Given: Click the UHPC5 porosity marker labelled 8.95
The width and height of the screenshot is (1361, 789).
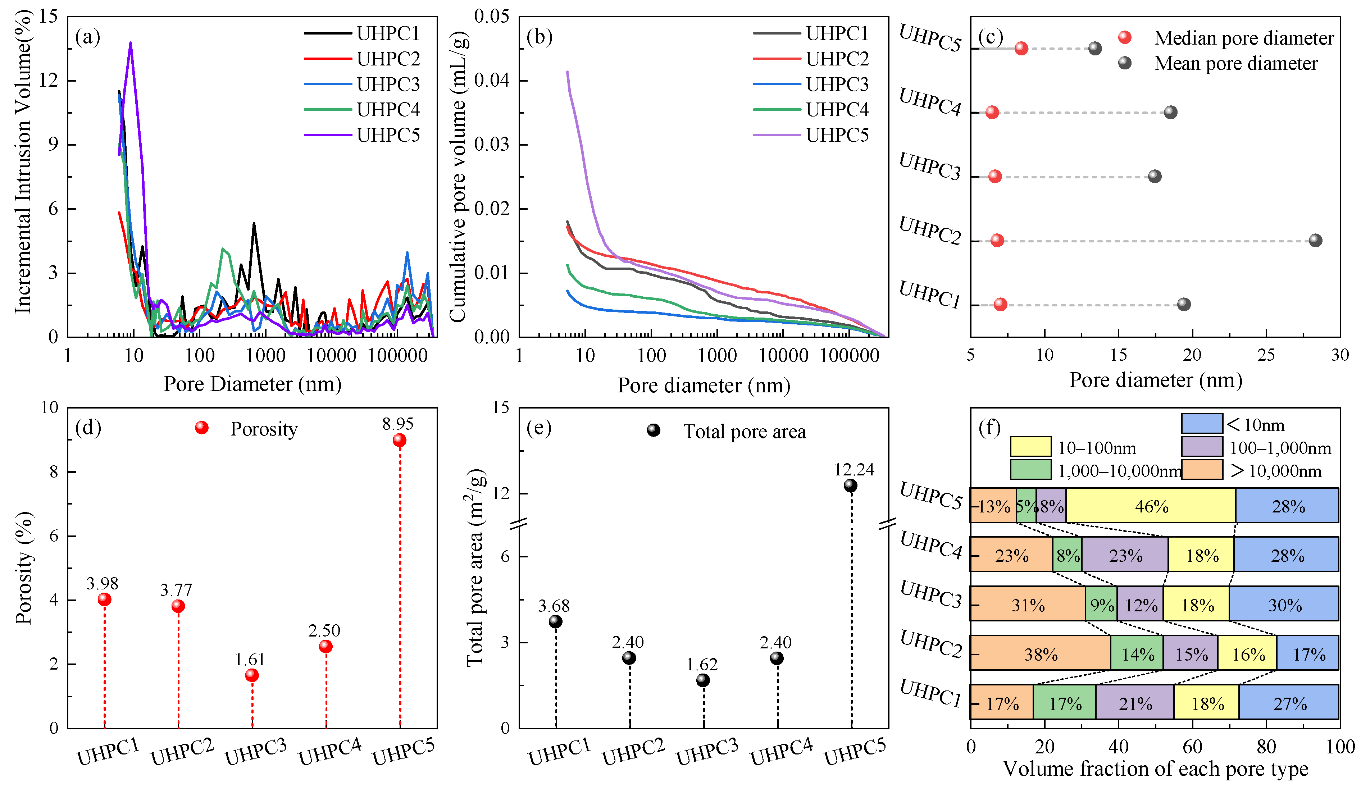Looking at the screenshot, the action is pyautogui.click(x=399, y=440).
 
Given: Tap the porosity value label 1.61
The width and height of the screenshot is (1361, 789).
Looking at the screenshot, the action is pyautogui.click(x=250, y=660).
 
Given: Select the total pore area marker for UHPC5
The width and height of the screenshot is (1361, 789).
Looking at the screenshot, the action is pyautogui.click(x=850, y=485).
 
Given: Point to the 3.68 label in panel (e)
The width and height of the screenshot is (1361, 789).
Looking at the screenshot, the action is pyautogui.click(x=554, y=605).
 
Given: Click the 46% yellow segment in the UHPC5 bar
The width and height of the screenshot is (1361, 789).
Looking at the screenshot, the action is pyautogui.click(x=1151, y=506).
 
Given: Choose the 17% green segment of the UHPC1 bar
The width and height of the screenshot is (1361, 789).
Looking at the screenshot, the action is pyautogui.click(x=1065, y=702).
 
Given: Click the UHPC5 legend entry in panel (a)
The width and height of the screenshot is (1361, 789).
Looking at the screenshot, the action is pyautogui.click(x=362, y=135).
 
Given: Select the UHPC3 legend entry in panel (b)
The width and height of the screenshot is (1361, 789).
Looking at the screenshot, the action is pyautogui.click(x=811, y=84).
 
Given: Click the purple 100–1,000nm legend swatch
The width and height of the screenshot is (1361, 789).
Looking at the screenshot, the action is pyautogui.click(x=1202, y=447).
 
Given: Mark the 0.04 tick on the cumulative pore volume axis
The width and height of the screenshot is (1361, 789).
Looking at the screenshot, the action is pyautogui.click(x=492, y=81).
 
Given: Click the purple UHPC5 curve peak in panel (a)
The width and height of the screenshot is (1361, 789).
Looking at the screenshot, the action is pyautogui.click(x=131, y=43).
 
